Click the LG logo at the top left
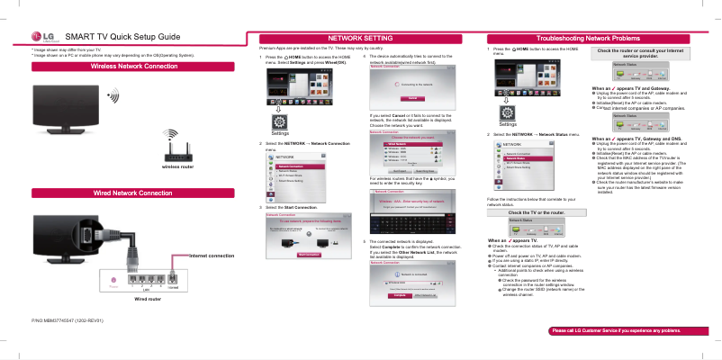point(42,35)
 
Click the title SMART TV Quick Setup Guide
point(122,35)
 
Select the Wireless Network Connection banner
point(134,67)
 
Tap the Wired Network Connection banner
point(134,193)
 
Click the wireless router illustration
point(177,148)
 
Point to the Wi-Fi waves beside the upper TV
point(113,95)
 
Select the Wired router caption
point(147,299)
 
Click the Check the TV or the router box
point(537,211)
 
